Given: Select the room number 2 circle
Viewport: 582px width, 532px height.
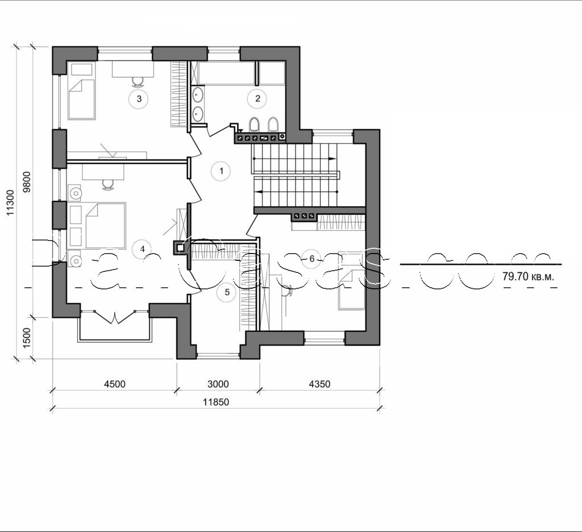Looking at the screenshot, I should coord(257,99).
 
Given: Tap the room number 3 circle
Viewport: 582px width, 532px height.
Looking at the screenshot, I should coord(138,99).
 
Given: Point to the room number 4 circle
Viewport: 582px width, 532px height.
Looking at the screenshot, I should coord(142,248).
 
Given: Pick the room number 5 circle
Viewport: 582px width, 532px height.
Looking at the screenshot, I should coord(227,292).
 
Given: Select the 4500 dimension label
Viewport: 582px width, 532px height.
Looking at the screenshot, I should coord(114,384).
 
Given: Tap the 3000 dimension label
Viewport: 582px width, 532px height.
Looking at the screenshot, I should coord(218,384).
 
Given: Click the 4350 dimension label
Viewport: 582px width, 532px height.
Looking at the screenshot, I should coord(319,384).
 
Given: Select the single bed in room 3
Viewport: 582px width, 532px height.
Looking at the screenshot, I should coord(81,99).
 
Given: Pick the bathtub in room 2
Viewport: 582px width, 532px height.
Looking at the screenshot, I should coord(226,73).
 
